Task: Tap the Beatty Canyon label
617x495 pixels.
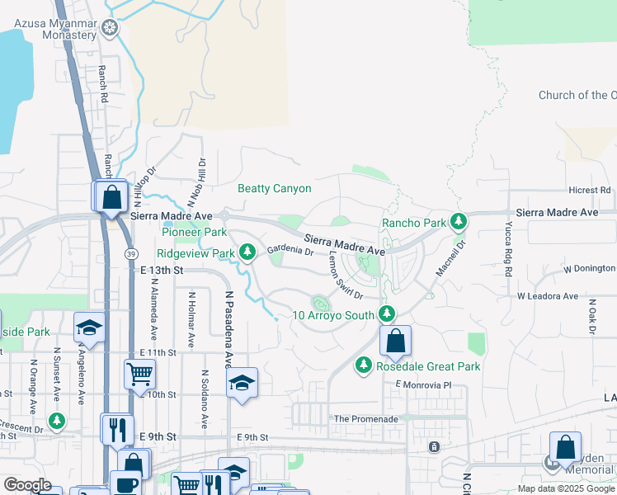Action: click(x=275, y=189)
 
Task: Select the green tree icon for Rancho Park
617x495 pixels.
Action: click(x=459, y=222)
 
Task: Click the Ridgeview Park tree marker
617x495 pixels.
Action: click(x=247, y=252)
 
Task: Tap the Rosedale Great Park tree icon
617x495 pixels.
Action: click(x=362, y=365)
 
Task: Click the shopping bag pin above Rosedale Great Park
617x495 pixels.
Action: click(x=396, y=341)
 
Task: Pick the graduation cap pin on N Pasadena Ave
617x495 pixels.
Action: click(x=242, y=383)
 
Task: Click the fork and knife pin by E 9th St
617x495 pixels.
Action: click(x=117, y=428)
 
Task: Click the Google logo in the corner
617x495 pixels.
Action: click(x=27, y=485)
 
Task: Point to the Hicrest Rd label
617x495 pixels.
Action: click(x=590, y=190)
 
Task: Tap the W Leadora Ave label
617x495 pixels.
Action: click(x=548, y=295)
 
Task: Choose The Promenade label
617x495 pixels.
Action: click(x=366, y=419)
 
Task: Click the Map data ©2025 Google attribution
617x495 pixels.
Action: click(x=566, y=488)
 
